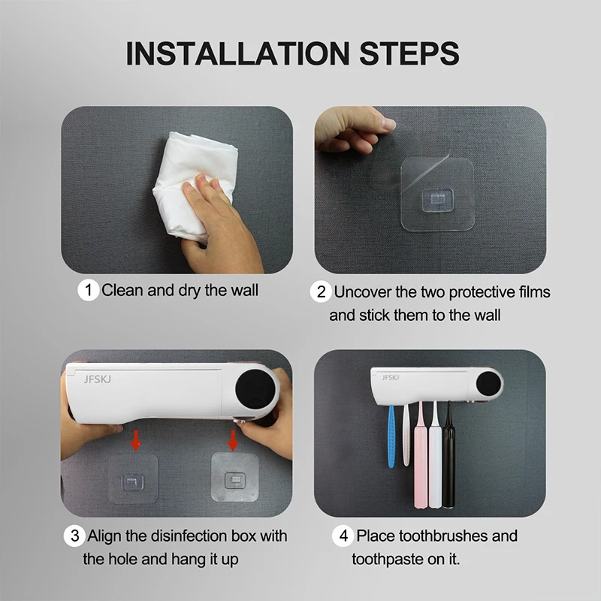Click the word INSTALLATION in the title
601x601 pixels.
pyautogui.click(x=237, y=53)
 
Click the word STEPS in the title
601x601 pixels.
pyautogui.click(x=409, y=53)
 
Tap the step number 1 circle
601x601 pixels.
pyautogui.click(x=88, y=290)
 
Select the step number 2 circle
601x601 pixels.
pyautogui.click(x=321, y=292)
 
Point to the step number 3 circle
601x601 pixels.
pyautogui.click(x=74, y=536)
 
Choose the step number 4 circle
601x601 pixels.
pyautogui.click(x=343, y=536)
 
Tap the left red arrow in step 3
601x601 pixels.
pyautogui.click(x=135, y=440)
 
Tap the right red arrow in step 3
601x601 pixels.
pyautogui.click(x=233, y=440)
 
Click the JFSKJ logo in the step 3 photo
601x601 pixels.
pyautogui.click(x=98, y=379)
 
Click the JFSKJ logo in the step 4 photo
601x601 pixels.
pyautogui.click(x=390, y=378)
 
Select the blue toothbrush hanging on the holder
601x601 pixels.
pyautogui.click(x=391, y=436)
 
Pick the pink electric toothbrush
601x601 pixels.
pyautogui.click(x=421, y=456)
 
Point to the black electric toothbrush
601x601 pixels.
pyautogui.click(x=448, y=455)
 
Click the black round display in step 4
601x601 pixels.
pyautogui.click(x=489, y=385)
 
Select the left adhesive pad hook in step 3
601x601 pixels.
pyautogui.click(x=133, y=482)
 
